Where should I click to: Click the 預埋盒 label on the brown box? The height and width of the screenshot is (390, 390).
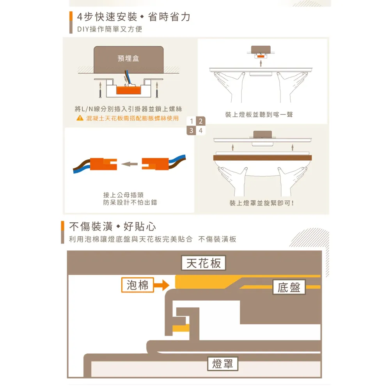(x=128, y=58)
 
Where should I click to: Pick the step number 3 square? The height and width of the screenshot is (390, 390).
(x=191, y=131)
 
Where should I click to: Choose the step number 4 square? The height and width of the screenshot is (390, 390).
(x=200, y=131)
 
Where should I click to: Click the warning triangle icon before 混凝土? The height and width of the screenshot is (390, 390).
(x=79, y=118)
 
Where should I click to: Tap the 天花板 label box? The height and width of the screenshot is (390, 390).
(x=203, y=263)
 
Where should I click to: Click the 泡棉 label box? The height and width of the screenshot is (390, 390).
(x=137, y=285)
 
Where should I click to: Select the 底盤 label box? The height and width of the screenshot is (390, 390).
(x=289, y=287)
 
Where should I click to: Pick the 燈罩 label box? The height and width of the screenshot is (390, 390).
(x=223, y=364)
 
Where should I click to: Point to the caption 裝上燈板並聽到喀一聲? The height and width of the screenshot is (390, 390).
(x=259, y=115)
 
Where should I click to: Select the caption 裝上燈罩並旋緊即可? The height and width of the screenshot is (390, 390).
(x=261, y=203)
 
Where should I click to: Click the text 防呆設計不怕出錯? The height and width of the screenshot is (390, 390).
(x=130, y=203)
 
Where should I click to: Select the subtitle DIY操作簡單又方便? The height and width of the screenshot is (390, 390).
(x=110, y=29)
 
